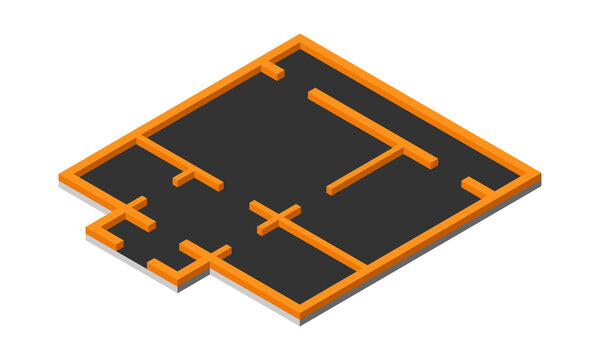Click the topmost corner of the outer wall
coord(300,40)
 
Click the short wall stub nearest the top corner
coord(272,70)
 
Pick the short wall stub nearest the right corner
coord(476,186)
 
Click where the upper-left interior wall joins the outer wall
coord(140,138)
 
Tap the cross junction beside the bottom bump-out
coord(205,255)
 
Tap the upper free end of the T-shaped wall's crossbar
coord(313,94)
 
